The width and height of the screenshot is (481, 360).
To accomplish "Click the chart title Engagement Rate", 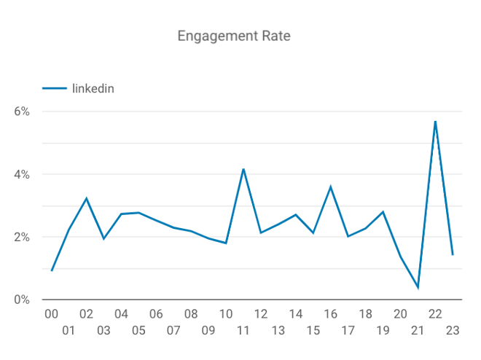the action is (x=234, y=36).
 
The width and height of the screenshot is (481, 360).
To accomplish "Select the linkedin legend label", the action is (x=93, y=89).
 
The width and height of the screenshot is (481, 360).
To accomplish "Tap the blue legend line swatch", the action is (x=55, y=89).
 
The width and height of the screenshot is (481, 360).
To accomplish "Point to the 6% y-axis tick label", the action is (x=22, y=111).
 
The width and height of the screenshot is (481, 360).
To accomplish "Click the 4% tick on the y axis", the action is (x=22, y=174).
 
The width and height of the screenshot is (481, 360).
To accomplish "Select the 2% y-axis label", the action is (x=22, y=237).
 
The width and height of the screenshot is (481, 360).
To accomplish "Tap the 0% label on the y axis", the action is (x=22, y=300).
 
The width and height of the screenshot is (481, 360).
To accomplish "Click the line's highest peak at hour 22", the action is (x=435, y=122).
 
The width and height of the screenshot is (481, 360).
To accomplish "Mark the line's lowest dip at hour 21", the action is (x=418, y=288).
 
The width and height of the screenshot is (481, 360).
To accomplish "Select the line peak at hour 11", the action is (x=243, y=169).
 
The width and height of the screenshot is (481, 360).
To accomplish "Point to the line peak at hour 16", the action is (x=331, y=187).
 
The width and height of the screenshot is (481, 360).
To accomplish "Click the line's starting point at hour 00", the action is (x=52, y=271).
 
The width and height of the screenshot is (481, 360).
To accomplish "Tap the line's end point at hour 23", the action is (x=453, y=255).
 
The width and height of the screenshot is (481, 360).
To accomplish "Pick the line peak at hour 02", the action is (x=87, y=198).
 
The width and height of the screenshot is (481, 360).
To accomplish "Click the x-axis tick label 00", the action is (x=51, y=314).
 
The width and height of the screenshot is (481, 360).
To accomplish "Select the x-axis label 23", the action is (x=453, y=331).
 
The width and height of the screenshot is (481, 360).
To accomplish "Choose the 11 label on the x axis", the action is (x=243, y=331).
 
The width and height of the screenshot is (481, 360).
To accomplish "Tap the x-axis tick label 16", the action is (x=331, y=314).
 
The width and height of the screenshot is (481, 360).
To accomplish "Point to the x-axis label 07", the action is (x=173, y=331).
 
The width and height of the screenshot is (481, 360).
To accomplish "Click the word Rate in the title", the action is (x=276, y=36).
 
